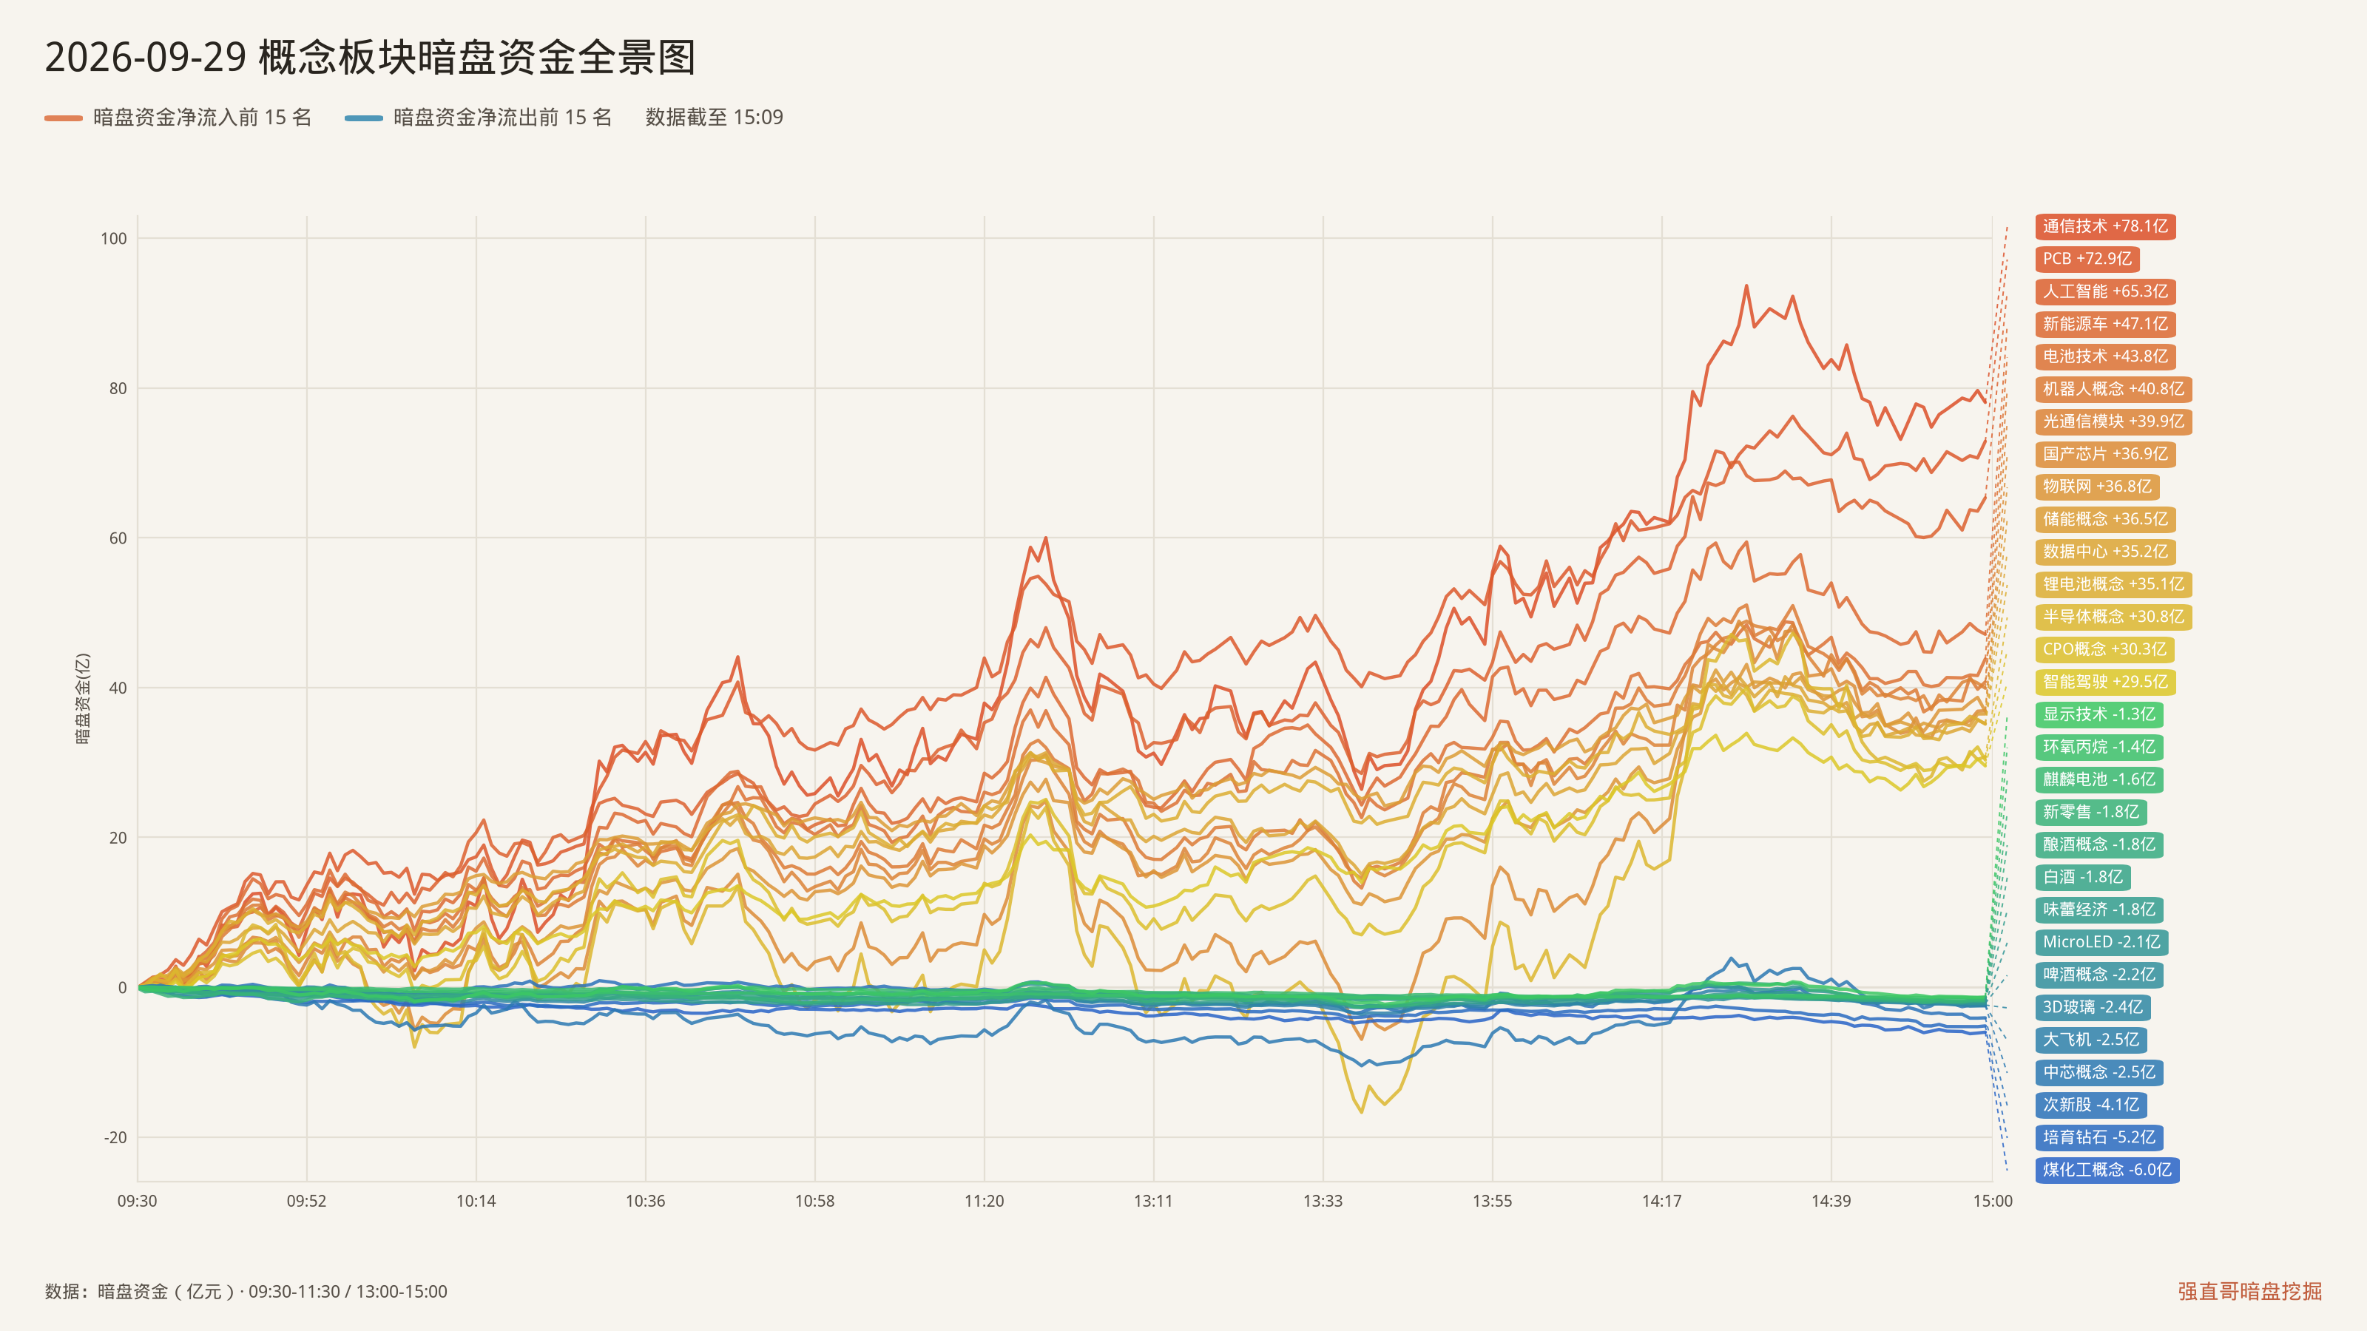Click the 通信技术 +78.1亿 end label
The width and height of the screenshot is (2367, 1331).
coord(2105,226)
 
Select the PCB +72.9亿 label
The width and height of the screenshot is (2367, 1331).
coord(2087,259)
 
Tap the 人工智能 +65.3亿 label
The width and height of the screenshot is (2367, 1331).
coord(2105,291)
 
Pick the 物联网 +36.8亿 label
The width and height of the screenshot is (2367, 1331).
coord(2097,487)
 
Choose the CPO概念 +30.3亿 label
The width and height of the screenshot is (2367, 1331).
coord(2104,649)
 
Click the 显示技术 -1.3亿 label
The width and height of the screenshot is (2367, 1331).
coord(2098,714)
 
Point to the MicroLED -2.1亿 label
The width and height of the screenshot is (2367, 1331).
coord(2101,941)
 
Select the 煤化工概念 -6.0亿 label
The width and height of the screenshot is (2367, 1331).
coord(2107,1169)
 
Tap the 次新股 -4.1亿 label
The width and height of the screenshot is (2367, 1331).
coord(2090,1104)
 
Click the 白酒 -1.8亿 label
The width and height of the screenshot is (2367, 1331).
coord(2083,877)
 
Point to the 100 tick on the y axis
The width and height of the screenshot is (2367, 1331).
coord(114,239)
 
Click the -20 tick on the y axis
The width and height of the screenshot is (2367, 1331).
coord(116,1137)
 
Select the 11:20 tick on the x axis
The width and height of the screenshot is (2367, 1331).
coord(984,1201)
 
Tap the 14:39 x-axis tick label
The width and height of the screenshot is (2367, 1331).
coord(1831,1201)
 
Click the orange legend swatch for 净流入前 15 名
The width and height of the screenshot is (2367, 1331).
coord(64,118)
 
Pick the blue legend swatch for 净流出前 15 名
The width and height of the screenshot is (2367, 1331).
coord(364,118)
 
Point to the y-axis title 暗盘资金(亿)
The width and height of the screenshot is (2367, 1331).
coord(83,698)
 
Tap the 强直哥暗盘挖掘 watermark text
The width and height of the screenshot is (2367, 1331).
coord(2249,1290)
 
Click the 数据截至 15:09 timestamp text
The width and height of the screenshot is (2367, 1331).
coord(714,117)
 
